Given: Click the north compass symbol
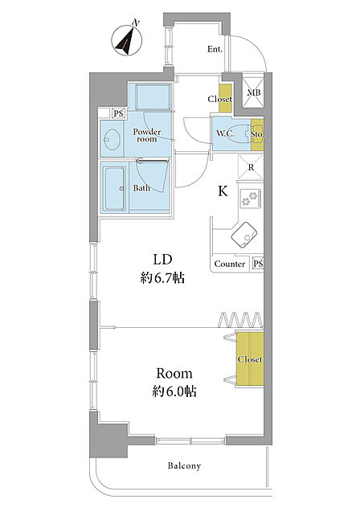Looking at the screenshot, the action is coord(127,40).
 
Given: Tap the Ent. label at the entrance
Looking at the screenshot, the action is coord(215,50).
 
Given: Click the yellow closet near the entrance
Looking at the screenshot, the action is coord(225,98).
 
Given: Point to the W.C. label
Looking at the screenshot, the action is coord(225,133).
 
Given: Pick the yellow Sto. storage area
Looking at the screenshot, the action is coord(257,134).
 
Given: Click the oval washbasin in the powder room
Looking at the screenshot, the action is coord(112,140).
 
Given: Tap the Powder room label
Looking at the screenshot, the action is coord(147,135).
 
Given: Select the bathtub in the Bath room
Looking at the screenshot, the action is coord(114,187).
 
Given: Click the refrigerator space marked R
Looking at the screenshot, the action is coord(251,167).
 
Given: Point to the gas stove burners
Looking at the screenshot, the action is coord(251,198).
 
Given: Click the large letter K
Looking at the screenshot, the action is coord(223,191).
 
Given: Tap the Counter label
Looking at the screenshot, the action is coord(230,264).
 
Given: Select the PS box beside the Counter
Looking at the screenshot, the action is coord(257,264).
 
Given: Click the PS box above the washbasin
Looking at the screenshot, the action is coord(119,113).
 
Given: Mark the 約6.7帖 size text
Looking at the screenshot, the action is coord(162,278).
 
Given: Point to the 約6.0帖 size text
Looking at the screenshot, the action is coord(174,391).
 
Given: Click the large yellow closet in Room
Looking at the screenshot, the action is coord(249,359).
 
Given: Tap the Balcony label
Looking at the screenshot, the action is coord(184,466).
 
